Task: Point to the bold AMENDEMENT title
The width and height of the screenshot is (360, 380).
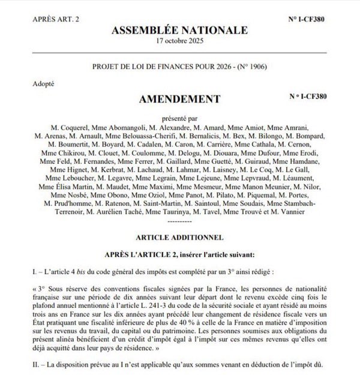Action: tap(180, 98)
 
